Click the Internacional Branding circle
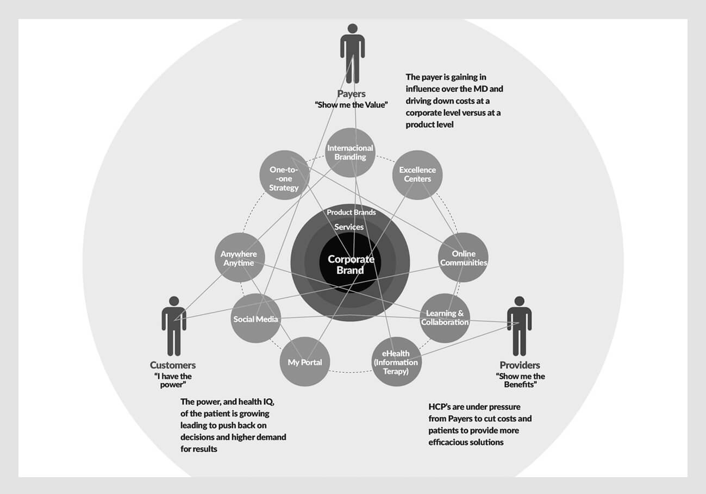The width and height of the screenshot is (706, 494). tap(351, 153)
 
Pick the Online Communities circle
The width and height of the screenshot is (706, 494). tap(463, 258)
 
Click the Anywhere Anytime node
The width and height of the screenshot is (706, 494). tap(238, 258)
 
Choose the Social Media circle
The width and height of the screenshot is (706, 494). tap(256, 319)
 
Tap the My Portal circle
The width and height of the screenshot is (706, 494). tap(304, 362)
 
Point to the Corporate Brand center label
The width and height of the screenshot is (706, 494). tap(351, 265)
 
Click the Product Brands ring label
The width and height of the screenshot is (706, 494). tap(351, 212)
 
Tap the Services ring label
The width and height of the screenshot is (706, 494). tap(349, 227)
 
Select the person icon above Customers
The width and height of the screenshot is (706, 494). tap(174, 325)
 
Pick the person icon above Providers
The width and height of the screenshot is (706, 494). tap(519, 325)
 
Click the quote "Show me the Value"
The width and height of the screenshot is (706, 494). tap(351, 105)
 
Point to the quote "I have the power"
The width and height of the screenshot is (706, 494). tap(172, 380)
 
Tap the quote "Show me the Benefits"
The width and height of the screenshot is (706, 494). tap(520, 380)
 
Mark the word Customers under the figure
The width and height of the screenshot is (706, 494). tap(173, 365)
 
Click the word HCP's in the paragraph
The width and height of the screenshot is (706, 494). tap(441, 407)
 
